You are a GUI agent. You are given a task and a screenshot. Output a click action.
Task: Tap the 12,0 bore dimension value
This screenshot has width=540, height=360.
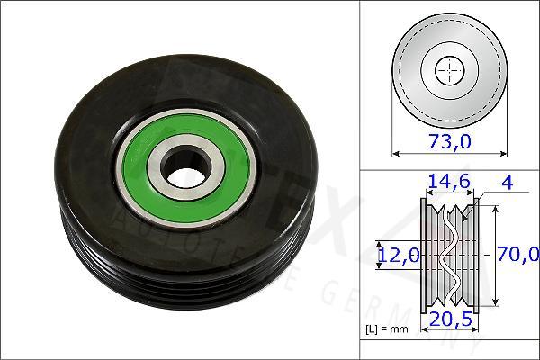[x=395, y=256]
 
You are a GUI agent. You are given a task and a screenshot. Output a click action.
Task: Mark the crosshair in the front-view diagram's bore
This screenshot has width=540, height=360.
[x=449, y=70]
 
